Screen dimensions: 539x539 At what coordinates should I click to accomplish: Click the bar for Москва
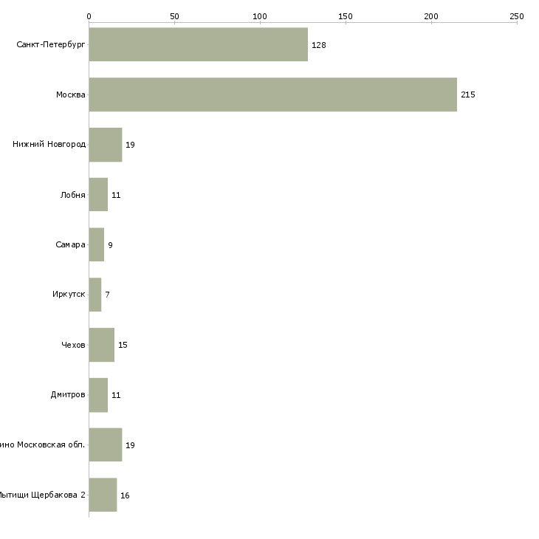click(272, 95)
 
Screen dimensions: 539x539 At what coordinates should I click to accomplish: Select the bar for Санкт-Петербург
click(198, 45)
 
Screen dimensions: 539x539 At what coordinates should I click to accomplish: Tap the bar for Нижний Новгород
click(105, 145)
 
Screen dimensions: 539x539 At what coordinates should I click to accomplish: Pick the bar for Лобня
click(98, 195)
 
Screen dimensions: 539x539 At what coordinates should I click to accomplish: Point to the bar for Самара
click(96, 244)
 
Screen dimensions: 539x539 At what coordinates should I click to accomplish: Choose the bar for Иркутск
click(95, 295)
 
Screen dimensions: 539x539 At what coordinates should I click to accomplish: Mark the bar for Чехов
click(101, 345)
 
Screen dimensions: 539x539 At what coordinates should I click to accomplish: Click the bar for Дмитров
click(98, 395)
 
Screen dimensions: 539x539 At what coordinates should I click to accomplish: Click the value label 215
click(468, 95)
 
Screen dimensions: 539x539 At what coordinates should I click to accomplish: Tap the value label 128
click(319, 46)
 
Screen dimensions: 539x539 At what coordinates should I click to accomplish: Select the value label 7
click(107, 295)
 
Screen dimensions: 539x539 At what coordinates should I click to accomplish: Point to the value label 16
click(125, 495)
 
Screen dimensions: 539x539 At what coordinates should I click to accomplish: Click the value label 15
click(123, 346)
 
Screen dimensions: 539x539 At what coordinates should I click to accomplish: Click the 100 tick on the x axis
click(260, 16)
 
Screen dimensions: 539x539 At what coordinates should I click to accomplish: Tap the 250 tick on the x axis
click(517, 16)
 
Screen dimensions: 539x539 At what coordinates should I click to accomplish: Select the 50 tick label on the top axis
click(174, 16)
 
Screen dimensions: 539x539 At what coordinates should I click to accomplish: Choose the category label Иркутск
click(69, 295)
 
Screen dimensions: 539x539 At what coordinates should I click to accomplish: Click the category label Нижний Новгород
click(49, 145)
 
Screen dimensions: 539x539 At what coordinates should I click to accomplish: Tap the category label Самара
click(70, 244)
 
